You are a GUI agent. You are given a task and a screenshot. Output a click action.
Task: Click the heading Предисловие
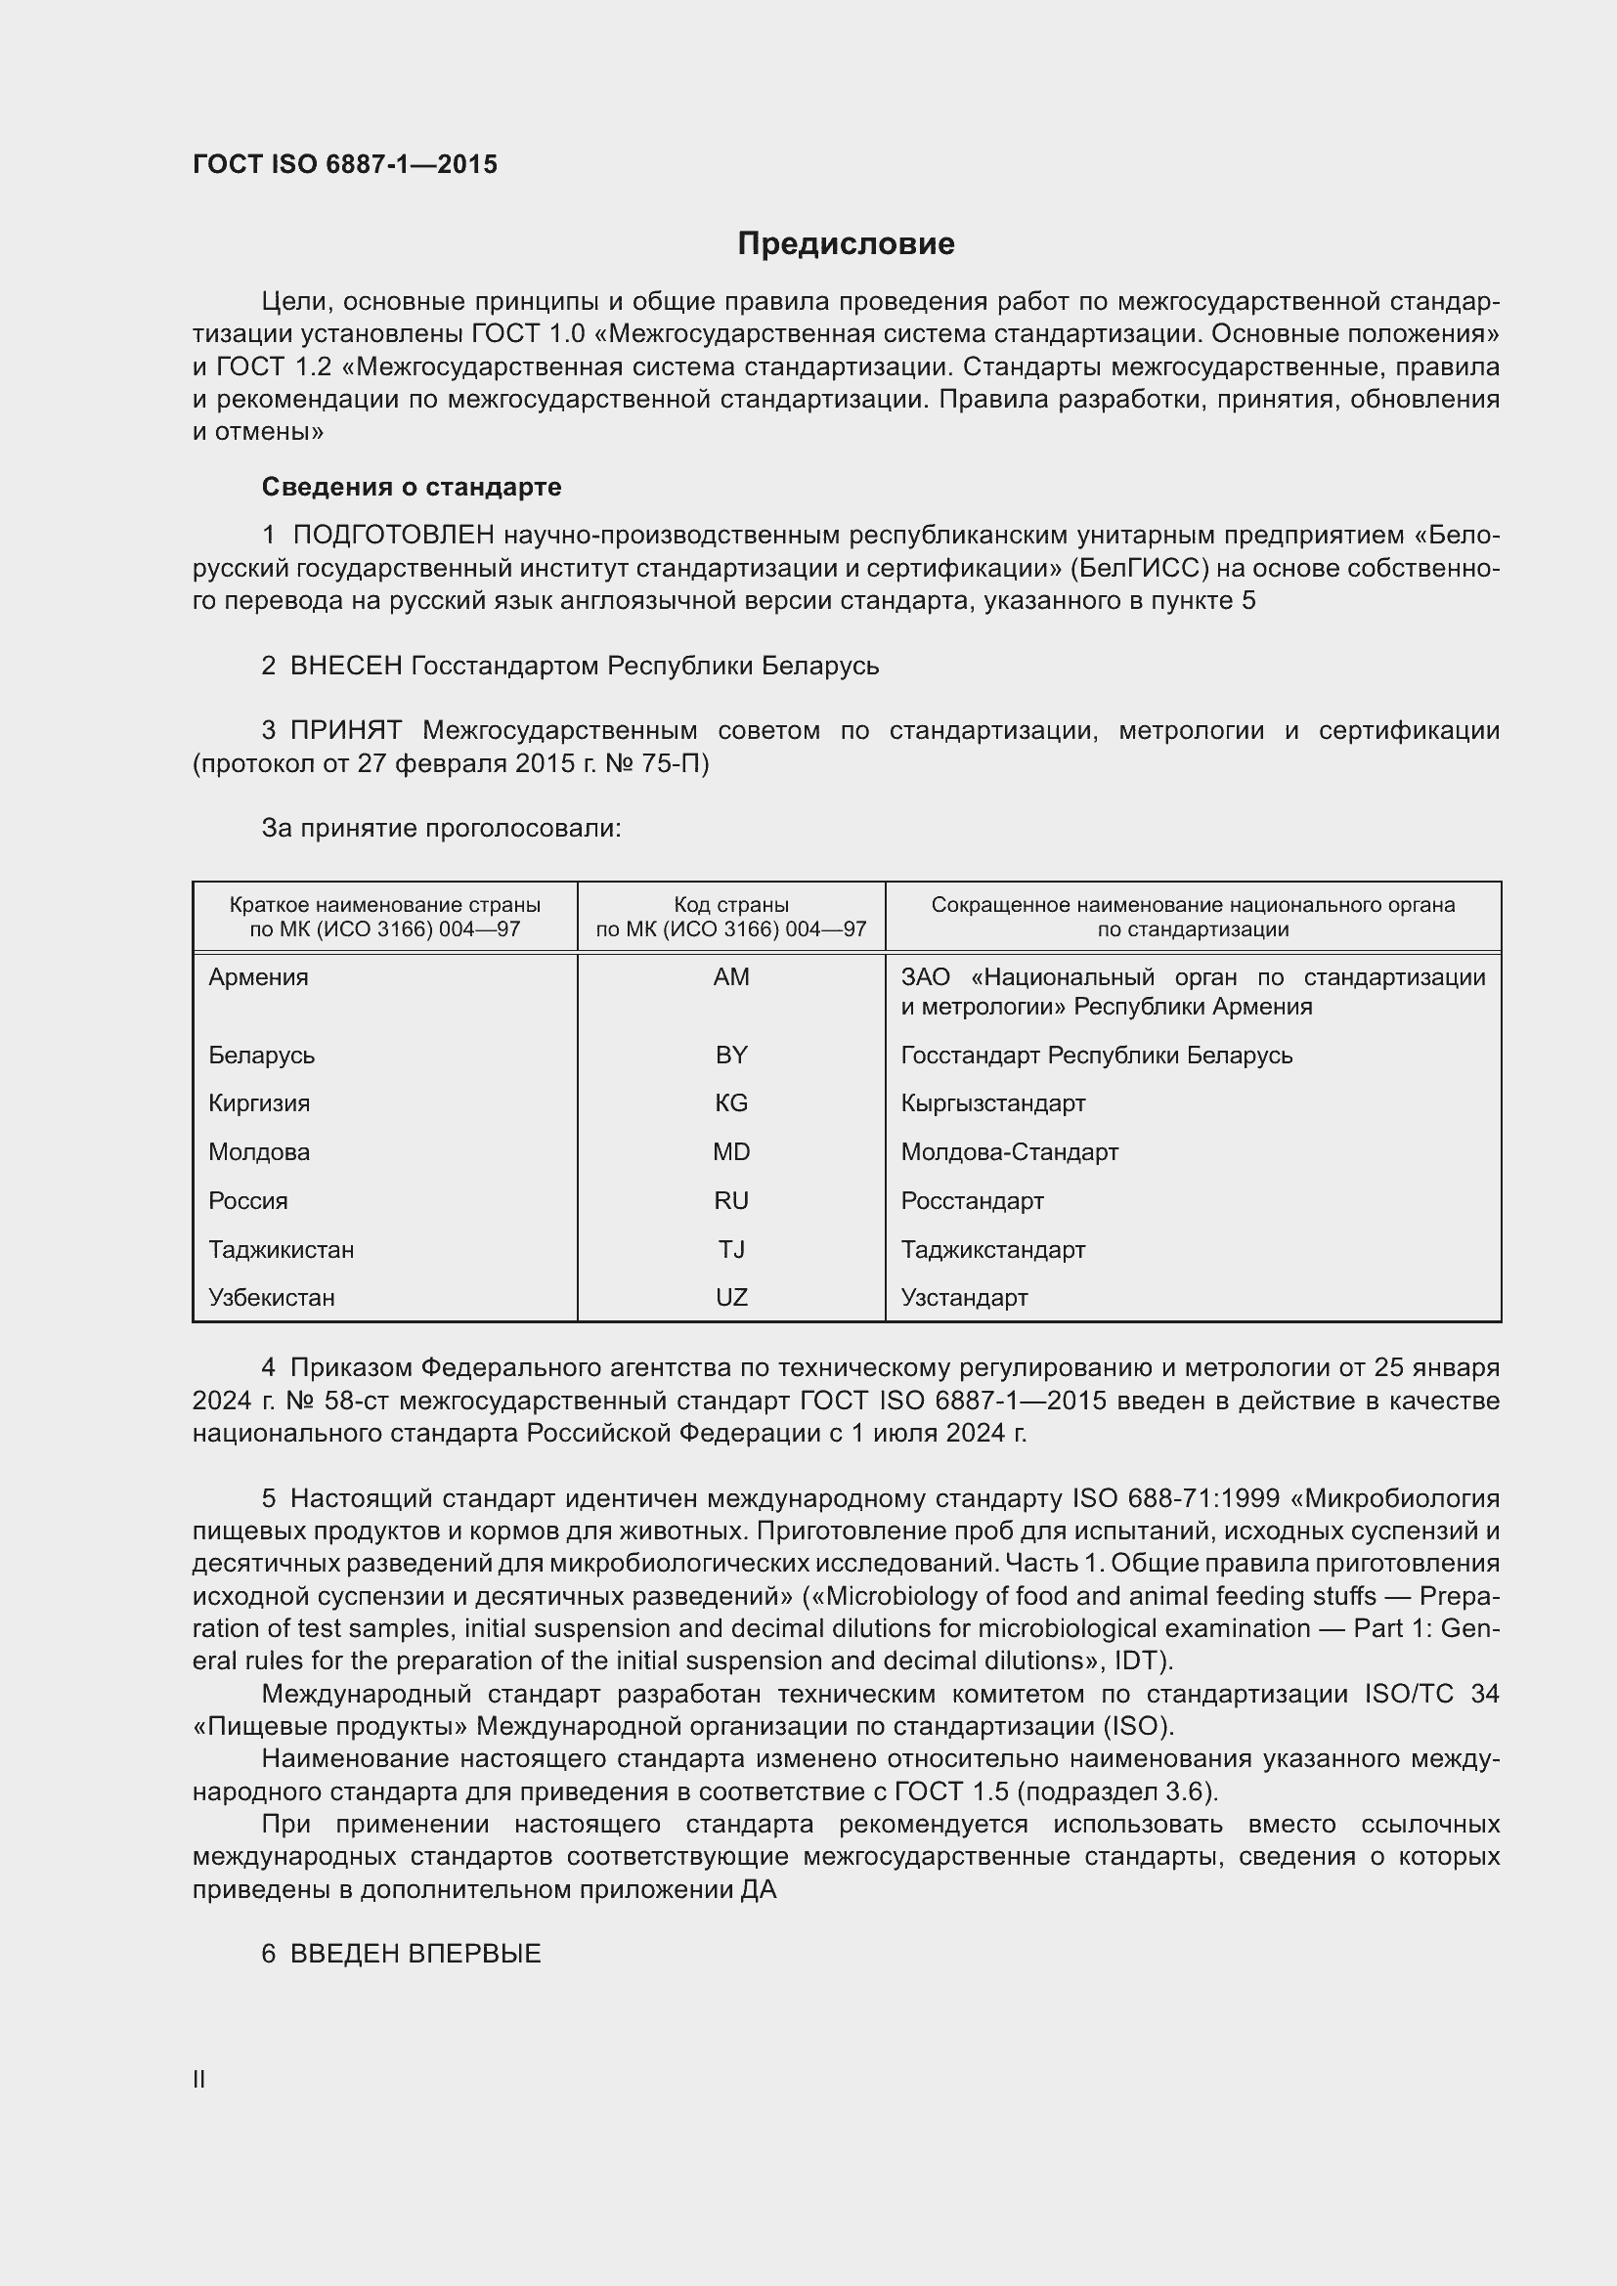tap(846, 244)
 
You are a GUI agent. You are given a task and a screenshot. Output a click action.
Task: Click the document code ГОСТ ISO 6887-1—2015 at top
tap(344, 165)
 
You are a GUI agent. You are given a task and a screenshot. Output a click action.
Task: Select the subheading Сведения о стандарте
tap(412, 487)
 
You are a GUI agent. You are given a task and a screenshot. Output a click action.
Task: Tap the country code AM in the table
tap(731, 977)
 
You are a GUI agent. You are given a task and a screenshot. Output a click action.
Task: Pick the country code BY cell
tap(731, 1056)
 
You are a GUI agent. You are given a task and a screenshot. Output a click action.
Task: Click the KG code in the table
tap(731, 1104)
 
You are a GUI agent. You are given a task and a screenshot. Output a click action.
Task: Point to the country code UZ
tap(731, 1298)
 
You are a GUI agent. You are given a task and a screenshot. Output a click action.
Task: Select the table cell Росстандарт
tap(972, 1202)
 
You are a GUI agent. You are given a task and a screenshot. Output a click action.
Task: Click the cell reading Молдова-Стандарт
tap(1009, 1153)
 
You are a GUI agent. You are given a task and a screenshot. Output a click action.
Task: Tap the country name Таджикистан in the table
tap(281, 1251)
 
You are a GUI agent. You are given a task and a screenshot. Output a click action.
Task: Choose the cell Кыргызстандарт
tap(992, 1104)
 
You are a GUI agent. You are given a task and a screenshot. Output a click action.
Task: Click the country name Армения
tap(258, 977)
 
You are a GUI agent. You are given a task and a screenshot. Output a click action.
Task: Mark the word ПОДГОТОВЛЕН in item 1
tap(393, 536)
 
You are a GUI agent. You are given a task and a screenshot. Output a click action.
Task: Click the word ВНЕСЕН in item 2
tap(345, 667)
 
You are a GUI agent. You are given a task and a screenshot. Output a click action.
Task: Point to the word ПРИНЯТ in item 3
tap(345, 731)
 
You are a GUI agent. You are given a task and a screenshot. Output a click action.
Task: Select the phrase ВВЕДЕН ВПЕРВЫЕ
tap(415, 1955)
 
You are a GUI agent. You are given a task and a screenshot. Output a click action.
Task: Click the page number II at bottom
tap(199, 2080)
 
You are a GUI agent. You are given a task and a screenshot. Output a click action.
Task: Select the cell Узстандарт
tap(964, 1298)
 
